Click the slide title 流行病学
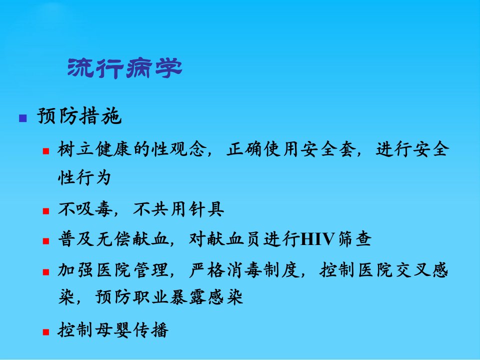pos(124,68)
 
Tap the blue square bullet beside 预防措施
pos(22,118)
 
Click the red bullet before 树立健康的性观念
pos(46,151)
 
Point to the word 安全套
pos(328,149)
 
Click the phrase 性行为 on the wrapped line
pos(84,177)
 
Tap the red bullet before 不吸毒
pos(46,211)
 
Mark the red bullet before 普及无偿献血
pos(46,241)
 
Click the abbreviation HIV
pos(317,239)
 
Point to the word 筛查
pos(354,239)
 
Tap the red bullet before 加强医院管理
pos(46,272)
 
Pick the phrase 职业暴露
pos(169,297)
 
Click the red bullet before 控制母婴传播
pos(46,332)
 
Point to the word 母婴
pos(113,330)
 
